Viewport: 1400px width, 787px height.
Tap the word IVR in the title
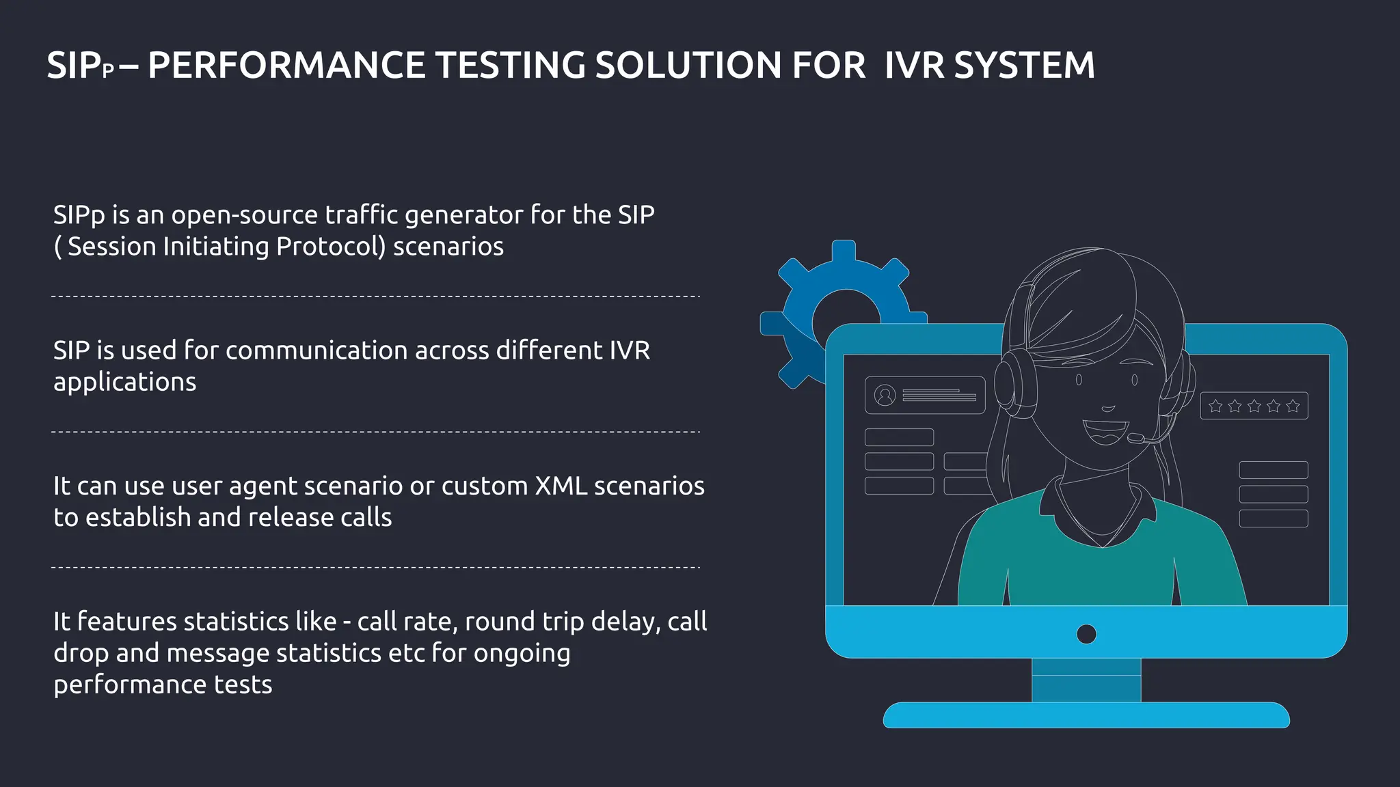[914, 66]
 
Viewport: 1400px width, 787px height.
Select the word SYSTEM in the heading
[1024, 66]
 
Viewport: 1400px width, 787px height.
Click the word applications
[124, 382]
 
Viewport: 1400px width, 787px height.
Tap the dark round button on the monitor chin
[1086, 634]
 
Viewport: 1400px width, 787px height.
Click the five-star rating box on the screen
[1254, 406]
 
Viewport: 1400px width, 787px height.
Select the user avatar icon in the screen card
[885, 395]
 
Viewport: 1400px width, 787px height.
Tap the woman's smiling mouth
[1105, 430]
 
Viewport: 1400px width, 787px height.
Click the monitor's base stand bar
[1086, 715]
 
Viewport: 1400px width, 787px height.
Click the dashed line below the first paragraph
[375, 296]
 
